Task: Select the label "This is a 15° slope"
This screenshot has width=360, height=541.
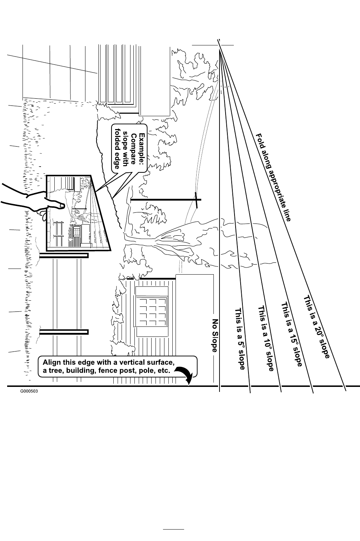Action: coord(292,334)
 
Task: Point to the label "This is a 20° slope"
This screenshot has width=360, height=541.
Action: coord(316,326)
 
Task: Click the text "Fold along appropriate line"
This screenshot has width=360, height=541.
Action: coord(273,177)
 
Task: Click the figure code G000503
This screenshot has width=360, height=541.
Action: coord(29,392)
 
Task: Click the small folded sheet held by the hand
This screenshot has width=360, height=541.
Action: coord(77,213)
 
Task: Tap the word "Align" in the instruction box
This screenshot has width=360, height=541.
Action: coord(52,362)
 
